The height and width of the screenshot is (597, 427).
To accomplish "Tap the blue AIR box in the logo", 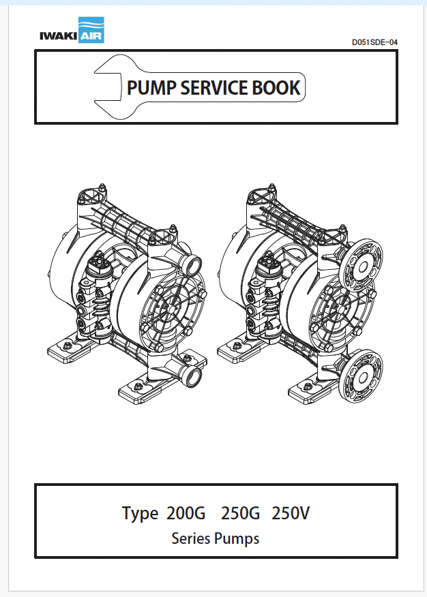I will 90,31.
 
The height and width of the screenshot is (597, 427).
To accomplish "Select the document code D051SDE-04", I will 374,42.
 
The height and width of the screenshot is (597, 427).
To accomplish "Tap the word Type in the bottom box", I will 140,513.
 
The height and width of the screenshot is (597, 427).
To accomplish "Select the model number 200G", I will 184,513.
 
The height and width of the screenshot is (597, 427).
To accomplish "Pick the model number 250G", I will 239,513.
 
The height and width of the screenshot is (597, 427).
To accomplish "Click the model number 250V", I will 291,513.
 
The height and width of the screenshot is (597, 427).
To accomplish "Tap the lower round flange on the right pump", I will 362,373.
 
